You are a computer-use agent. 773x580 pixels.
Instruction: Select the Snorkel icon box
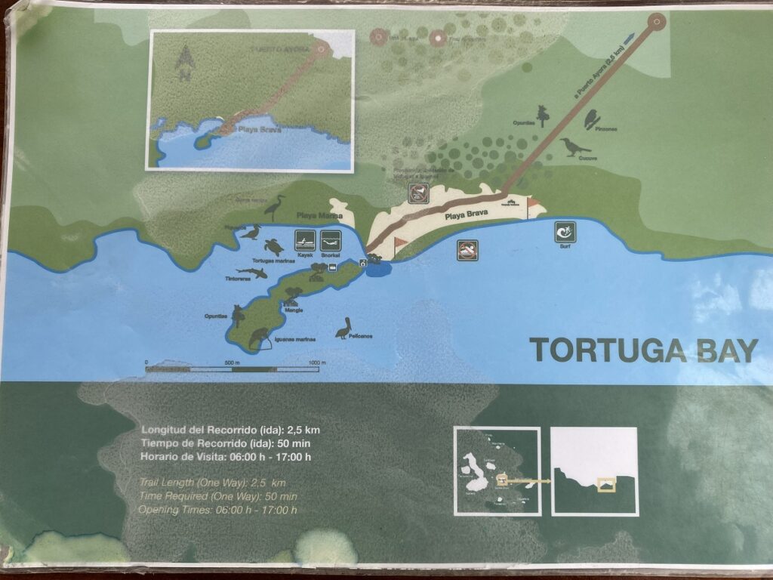(x=331, y=241)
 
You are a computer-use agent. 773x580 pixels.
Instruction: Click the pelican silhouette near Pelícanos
(x=344, y=328)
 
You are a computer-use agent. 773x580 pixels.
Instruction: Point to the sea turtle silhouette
(x=273, y=246)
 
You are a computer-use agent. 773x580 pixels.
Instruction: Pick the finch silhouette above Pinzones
(x=591, y=118)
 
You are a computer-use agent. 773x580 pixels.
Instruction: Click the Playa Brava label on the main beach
(x=466, y=214)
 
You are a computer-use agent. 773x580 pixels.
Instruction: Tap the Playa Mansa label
(x=310, y=216)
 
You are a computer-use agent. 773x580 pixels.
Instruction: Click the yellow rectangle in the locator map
(x=605, y=484)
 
